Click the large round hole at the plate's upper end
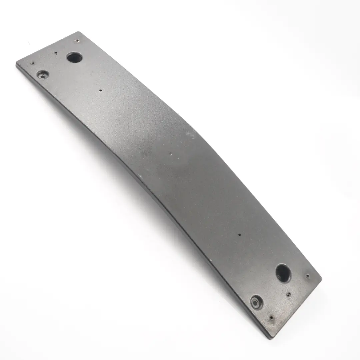click(74, 57)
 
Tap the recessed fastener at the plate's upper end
click(43, 75)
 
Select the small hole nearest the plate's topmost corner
click(77, 41)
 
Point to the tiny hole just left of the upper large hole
click(56, 53)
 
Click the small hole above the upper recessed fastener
click(32, 63)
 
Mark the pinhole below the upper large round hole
click(101, 90)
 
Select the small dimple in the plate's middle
click(171, 154)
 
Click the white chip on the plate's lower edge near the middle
click(140, 176)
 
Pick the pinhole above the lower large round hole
click(240, 235)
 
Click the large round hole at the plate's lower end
click(283, 273)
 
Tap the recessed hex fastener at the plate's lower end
click(256, 302)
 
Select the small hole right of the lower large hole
click(307, 276)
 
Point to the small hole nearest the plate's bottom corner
click(272, 318)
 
